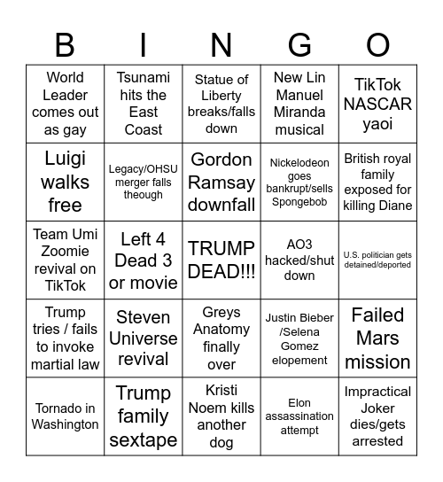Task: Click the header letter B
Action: pos(66,44)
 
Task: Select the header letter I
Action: pos(144,44)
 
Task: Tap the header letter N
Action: pos(221,44)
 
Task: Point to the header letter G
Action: pos(299,44)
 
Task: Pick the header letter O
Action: pos(377,44)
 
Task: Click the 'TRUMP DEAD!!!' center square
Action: pos(221,260)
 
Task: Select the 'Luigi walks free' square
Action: pos(66,182)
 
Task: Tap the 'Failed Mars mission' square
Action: pos(377,338)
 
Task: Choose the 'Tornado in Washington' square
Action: pos(66,416)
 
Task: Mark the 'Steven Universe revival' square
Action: pos(144,338)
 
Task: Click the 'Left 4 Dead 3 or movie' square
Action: pos(144,260)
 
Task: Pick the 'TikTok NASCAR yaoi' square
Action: pos(377,105)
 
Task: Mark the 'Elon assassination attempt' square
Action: pos(299,416)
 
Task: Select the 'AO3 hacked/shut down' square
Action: pos(299,260)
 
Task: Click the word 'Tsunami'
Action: pos(144,78)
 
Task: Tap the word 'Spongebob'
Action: pos(299,202)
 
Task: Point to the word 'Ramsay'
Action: pos(221,182)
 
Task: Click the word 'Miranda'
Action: pos(299,113)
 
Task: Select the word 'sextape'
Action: pos(144,439)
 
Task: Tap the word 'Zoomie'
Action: pos(66,252)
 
